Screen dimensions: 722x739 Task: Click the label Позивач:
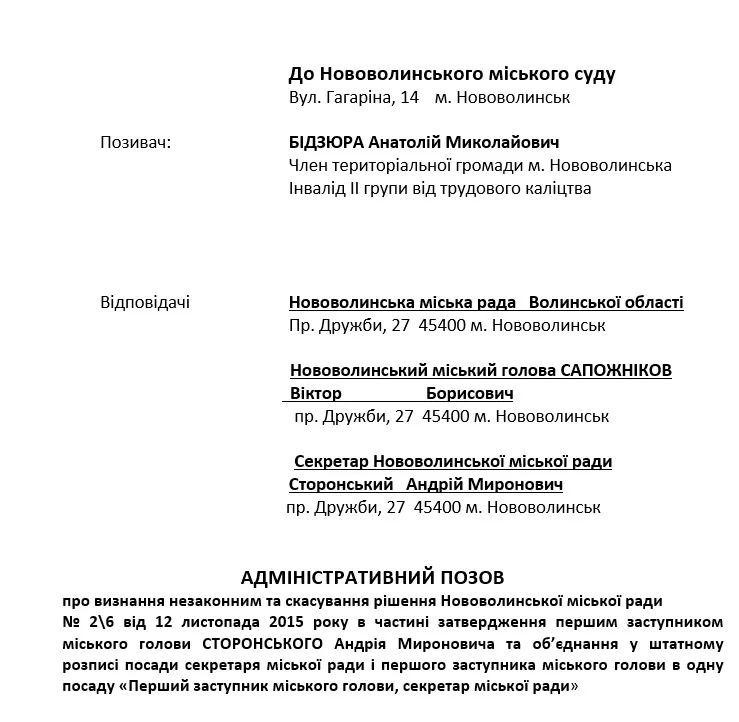coord(135,143)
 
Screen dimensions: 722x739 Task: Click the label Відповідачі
coord(145,302)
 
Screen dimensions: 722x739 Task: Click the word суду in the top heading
coord(591,74)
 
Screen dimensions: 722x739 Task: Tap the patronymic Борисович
coord(469,393)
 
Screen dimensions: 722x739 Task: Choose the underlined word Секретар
coord(332,462)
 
